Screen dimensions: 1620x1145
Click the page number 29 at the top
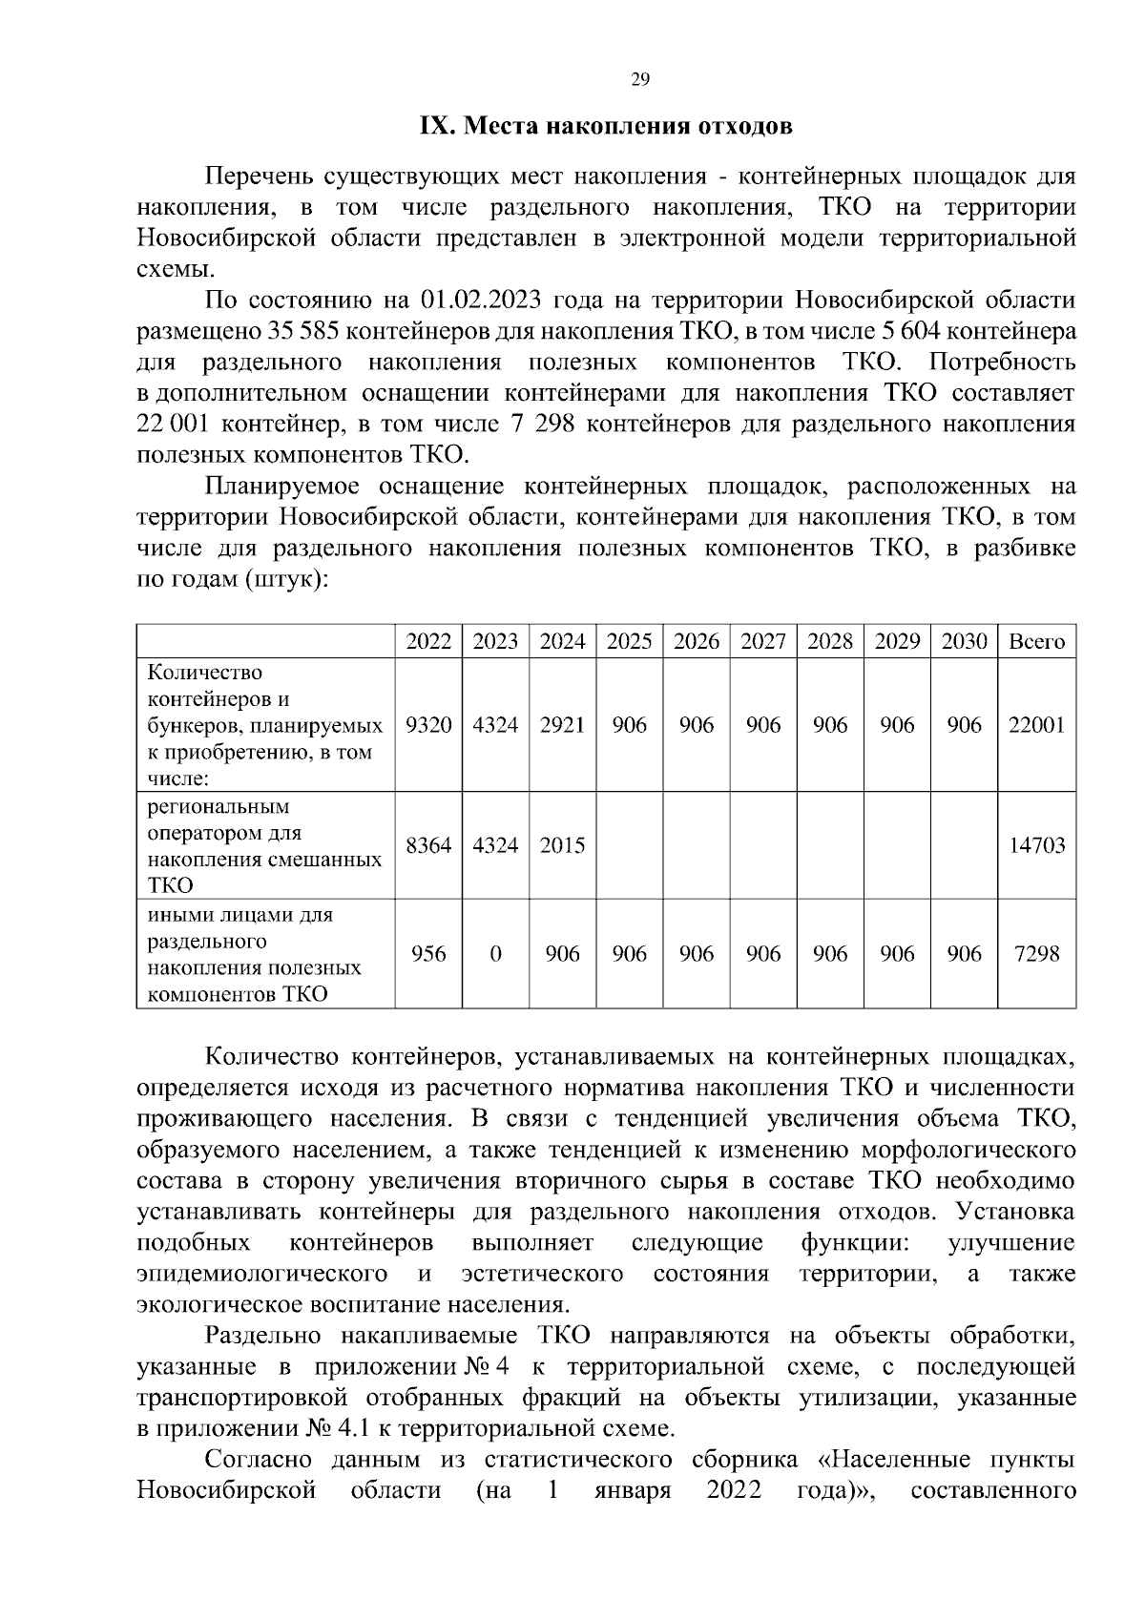point(640,80)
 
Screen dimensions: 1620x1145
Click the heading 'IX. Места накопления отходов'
point(606,127)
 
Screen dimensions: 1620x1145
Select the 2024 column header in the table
point(562,641)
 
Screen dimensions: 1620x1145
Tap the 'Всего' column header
point(1036,641)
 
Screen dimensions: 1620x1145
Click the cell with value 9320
point(428,725)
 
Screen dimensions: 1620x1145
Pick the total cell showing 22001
point(1036,725)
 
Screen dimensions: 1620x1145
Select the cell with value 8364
point(428,845)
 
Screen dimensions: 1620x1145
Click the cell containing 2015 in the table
point(562,845)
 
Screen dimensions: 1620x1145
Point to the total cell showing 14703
point(1036,845)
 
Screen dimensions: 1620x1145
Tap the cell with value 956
point(428,954)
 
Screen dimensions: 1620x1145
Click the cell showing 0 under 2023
point(495,954)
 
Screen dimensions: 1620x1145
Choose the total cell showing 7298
point(1036,954)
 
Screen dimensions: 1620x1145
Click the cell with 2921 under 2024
point(562,725)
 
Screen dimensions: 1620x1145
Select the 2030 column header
point(964,641)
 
